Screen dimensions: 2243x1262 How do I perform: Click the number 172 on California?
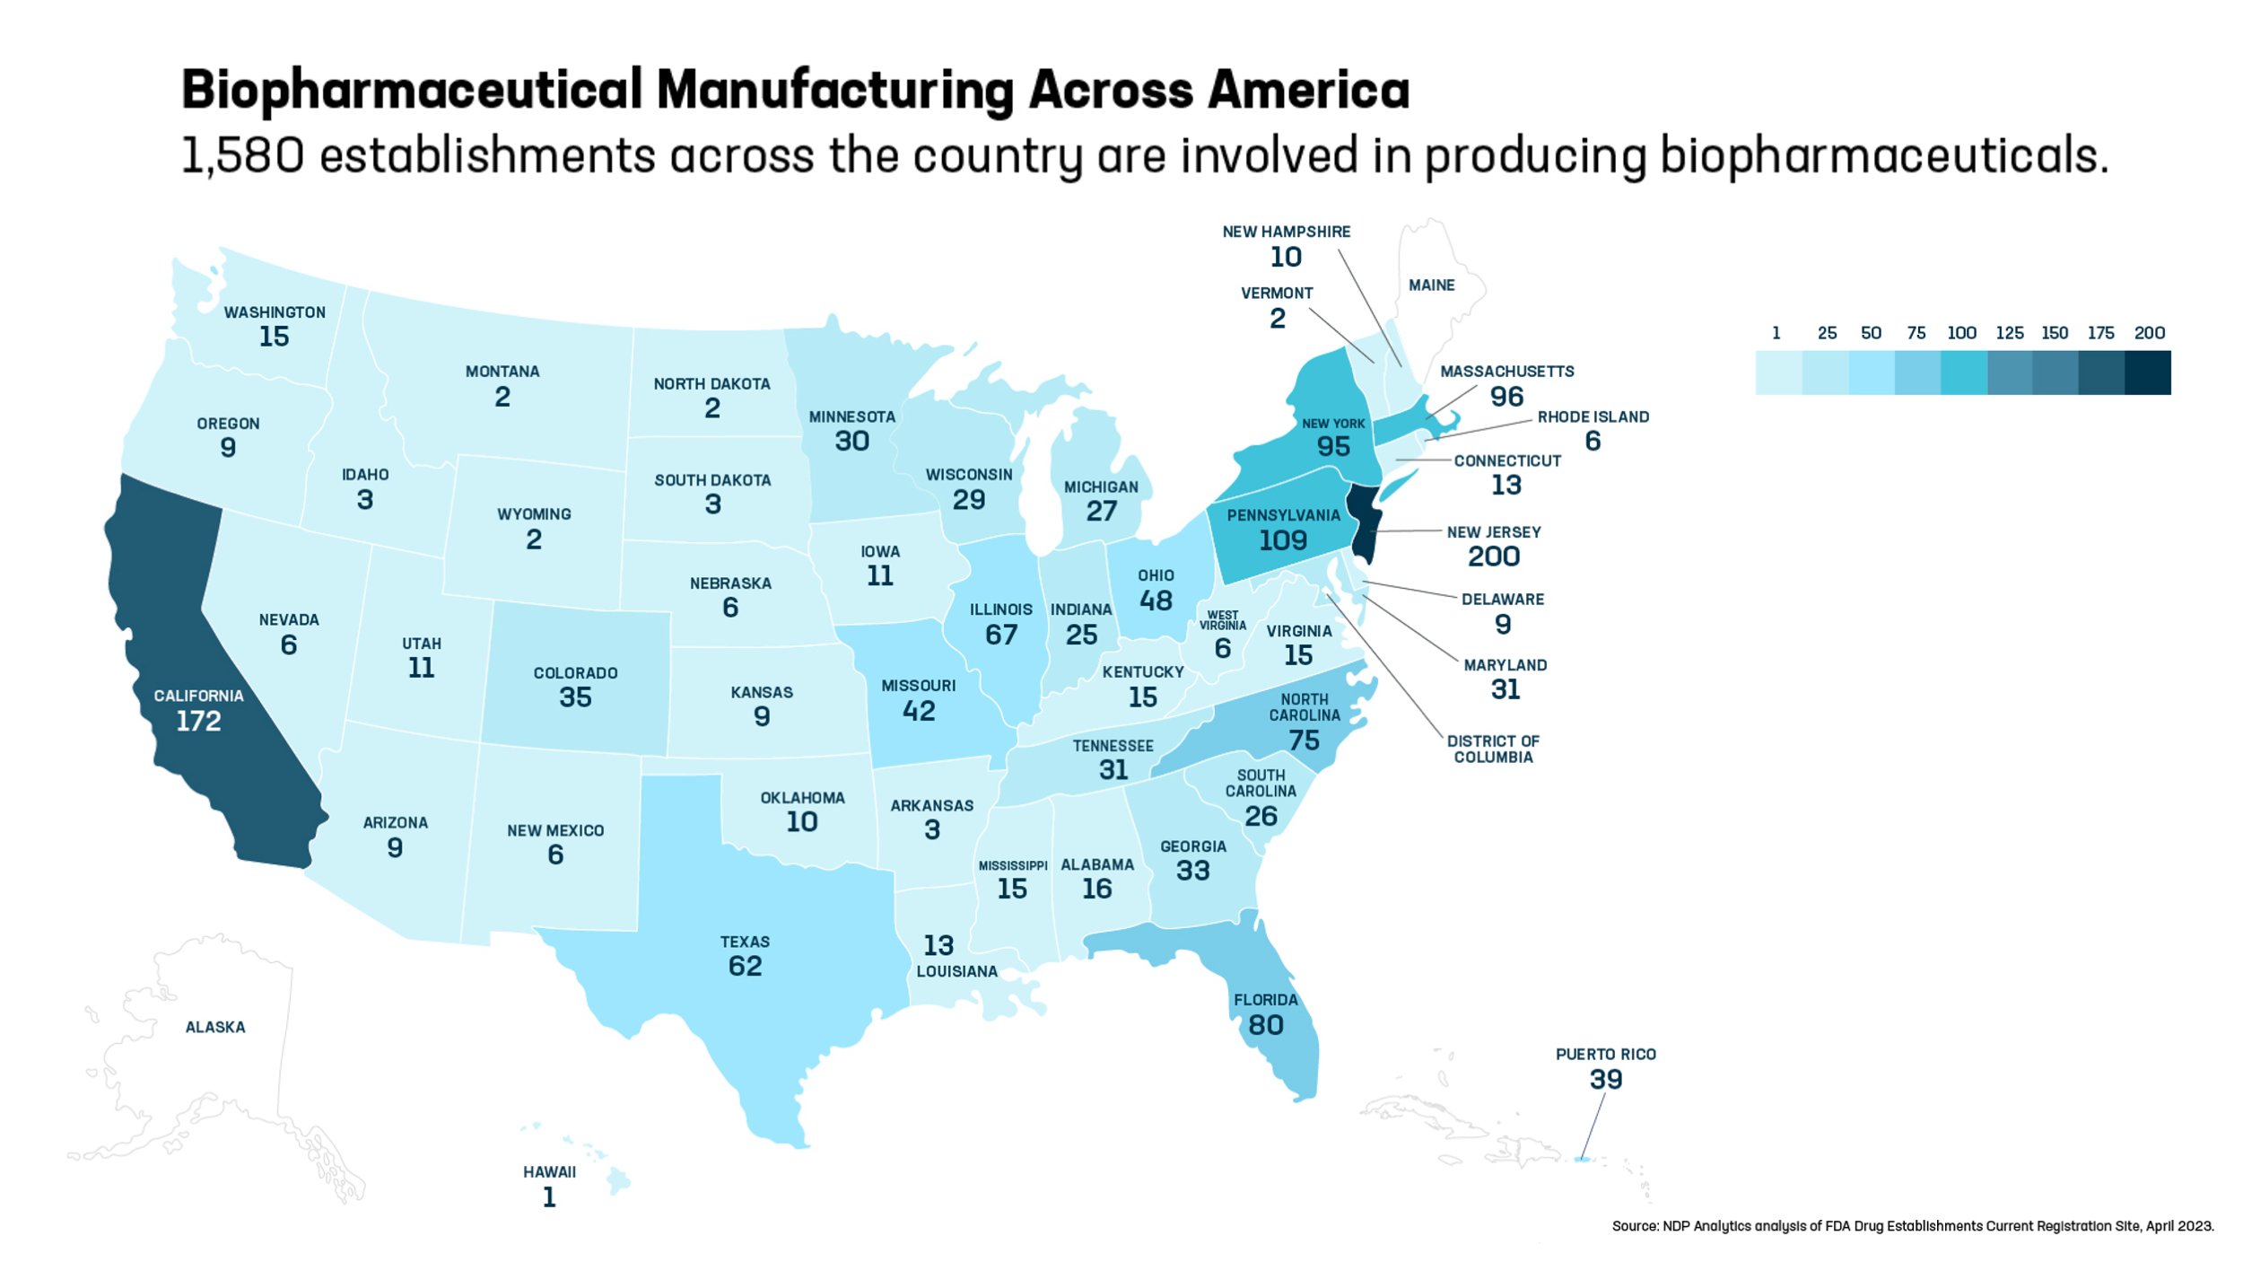(x=198, y=721)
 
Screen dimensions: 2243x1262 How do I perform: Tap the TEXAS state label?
(x=745, y=942)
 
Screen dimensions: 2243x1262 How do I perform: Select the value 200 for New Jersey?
(x=1494, y=557)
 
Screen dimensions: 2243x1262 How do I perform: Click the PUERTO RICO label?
(x=1606, y=1054)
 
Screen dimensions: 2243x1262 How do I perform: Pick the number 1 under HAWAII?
(x=549, y=1197)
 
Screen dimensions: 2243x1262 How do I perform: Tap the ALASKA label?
(x=215, y=1027)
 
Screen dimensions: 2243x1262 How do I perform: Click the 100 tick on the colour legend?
(x=1961, y=333)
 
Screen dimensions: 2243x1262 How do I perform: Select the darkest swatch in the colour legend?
(x=2148, y=372)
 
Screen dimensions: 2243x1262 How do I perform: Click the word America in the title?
(x=1308, y=90)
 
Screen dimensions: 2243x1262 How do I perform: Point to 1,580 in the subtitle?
(x=242, y=154)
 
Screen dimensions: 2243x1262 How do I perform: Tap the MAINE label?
(x=1432, y=285)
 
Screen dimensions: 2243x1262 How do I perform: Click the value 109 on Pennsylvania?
(x=1283, y=540)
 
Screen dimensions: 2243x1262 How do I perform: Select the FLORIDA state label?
(x=1266, y=1000)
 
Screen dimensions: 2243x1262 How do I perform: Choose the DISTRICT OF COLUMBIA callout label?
(x=1493, y=749)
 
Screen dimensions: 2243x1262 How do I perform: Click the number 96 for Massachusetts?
(x=1507, y=396)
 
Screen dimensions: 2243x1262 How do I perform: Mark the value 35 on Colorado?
(x=575, y=697)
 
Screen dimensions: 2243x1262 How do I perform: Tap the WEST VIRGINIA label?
(x=1223, y=620)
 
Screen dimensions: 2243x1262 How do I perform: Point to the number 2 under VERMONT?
(x=1278, y=319)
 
